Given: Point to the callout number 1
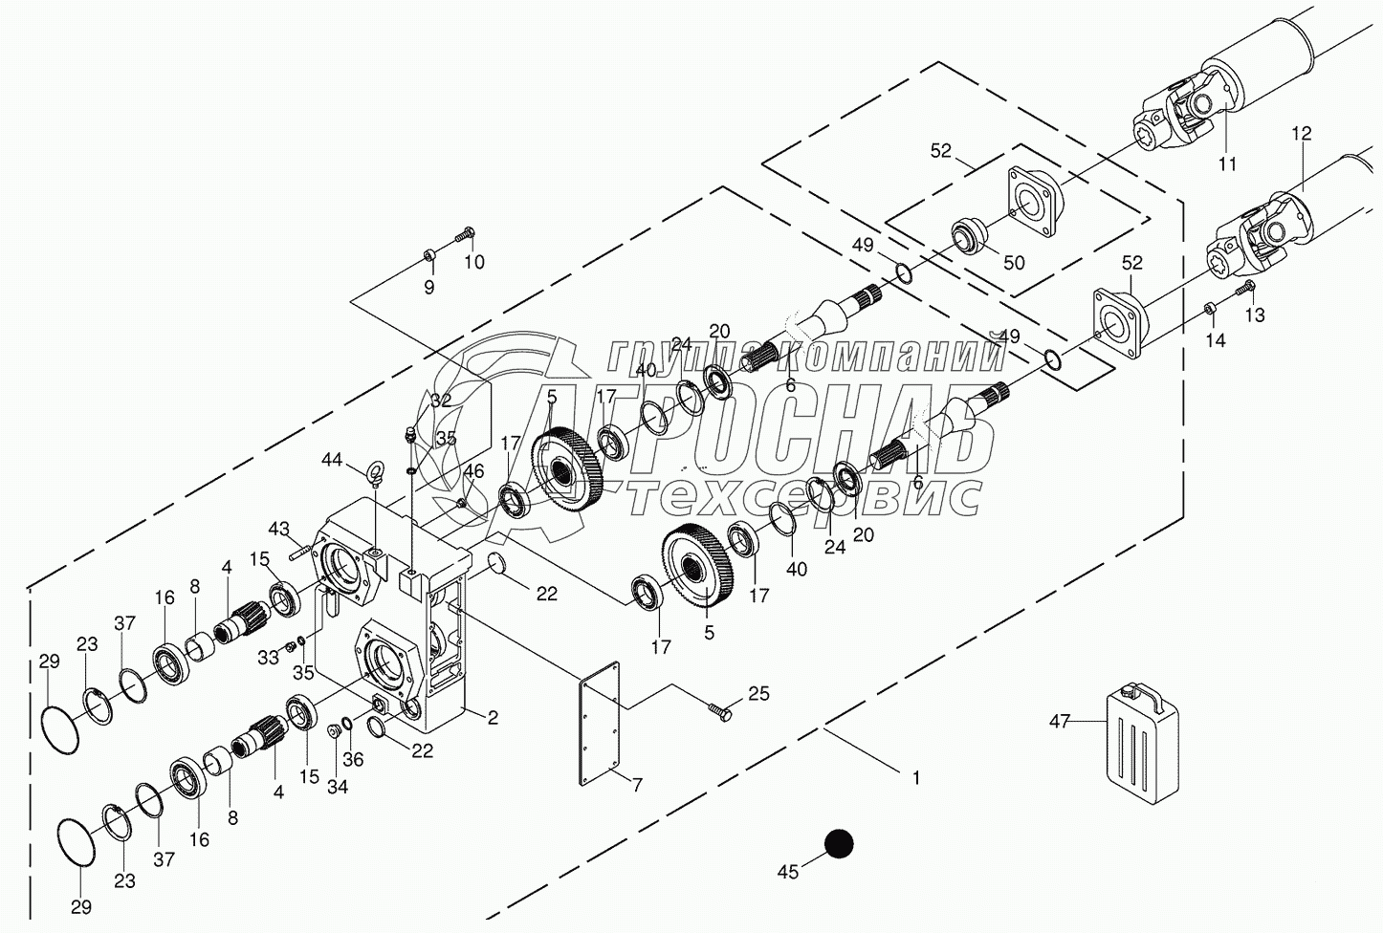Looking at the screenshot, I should click(915, 779).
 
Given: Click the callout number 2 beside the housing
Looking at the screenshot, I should click(493, 717).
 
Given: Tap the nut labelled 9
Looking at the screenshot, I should click(429, 255).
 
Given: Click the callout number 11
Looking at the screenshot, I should click(1227, 163).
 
